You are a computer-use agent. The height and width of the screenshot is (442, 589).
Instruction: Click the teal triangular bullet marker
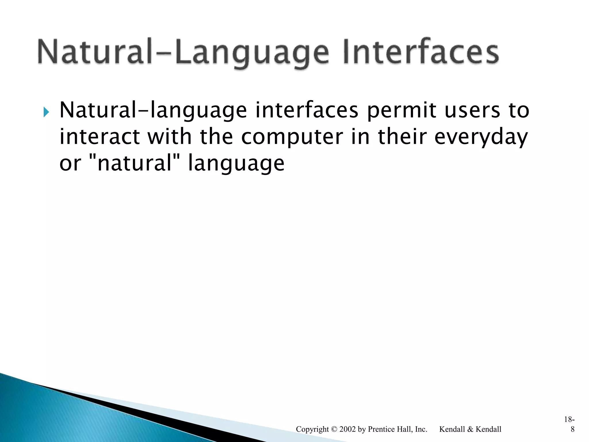(46, 112)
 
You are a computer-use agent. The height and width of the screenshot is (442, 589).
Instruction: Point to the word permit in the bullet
(401, 110)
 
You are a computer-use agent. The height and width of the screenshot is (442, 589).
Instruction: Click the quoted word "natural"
(135, 163)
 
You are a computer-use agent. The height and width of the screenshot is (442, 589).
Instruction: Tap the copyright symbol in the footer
(334, 429)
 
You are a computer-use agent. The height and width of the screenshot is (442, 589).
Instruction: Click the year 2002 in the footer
(347, 429)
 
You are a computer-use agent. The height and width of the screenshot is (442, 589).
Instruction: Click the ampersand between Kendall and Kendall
(470, 429)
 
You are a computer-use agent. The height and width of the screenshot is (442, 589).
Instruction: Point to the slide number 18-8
(569, 424)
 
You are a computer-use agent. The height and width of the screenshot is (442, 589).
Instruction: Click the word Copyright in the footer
(312, 429)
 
